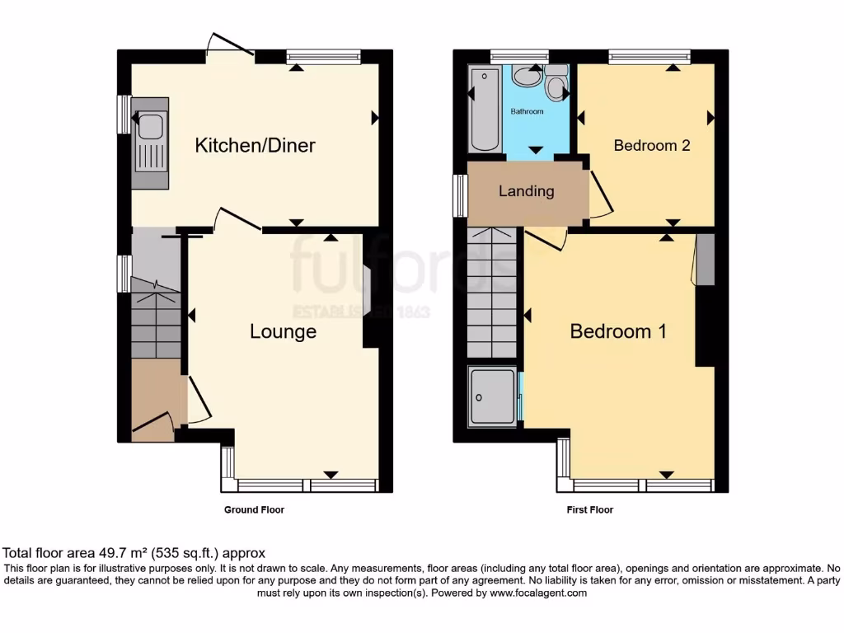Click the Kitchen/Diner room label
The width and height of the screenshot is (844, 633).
(x=255, y=146)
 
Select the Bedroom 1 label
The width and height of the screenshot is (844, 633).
(x=618, y=331)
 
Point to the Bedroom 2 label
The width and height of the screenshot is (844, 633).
(x=651, y=146)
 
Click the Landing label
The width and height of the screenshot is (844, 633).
(x=526, y=191)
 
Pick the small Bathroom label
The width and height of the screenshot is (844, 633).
(x=527, y=111)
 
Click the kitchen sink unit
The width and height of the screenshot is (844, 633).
(x=150, y=144)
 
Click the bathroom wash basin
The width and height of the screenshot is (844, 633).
(x=525, y=77)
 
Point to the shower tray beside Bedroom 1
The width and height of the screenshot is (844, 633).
(x=493, y=396)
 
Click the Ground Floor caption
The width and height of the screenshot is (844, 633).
(x=254, y=510)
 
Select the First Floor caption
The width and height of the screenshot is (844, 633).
(x=589, y=510)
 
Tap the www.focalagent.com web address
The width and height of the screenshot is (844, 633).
(x=537, y=593)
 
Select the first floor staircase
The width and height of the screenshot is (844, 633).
(x=492, y=293)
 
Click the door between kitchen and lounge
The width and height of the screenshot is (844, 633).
(x=237, y=220)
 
